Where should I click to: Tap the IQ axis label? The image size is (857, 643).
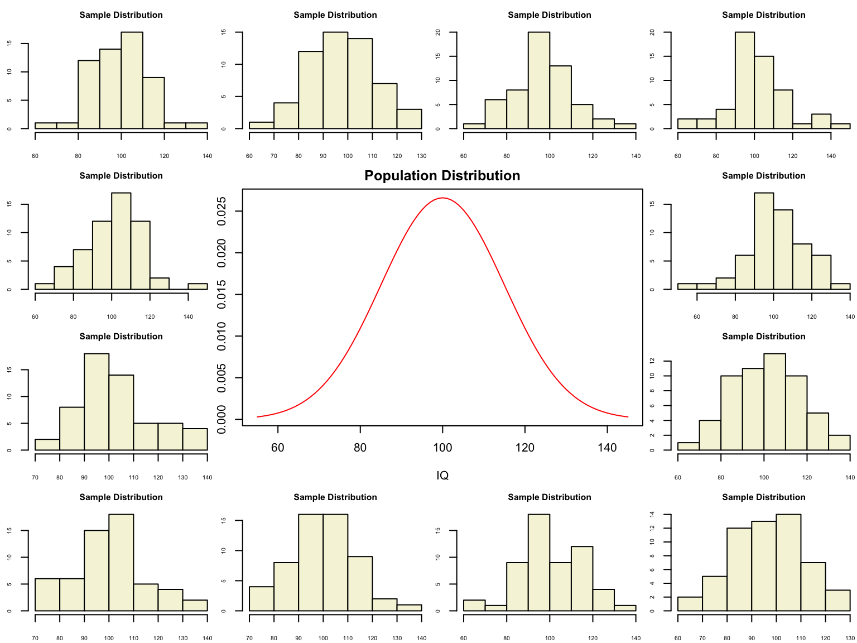[442, 476]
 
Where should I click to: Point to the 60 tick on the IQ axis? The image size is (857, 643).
[278, 448]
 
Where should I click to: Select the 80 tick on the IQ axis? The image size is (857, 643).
[360, 448]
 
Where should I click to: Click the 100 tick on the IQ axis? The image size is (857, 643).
[442, 448]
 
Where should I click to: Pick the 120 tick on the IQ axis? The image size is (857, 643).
[525, 448]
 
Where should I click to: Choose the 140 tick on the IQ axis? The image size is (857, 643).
[607, 448]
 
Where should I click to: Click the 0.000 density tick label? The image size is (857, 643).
[222, 419]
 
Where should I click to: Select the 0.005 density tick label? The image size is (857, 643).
[222, 378]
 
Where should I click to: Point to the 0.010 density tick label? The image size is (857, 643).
[222, 336]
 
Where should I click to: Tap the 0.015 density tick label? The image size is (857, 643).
[222, 295]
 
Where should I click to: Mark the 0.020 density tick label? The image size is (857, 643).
[222, 253]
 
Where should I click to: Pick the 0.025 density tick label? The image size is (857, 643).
[222, 212]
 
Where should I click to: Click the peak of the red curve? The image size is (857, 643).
[442, 198]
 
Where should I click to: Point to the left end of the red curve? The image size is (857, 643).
[257, 416]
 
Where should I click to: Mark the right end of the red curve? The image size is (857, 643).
[628, 416]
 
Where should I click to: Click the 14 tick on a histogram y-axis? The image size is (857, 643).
[652, 514]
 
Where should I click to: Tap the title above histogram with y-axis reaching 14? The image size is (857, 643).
[763, 497]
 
